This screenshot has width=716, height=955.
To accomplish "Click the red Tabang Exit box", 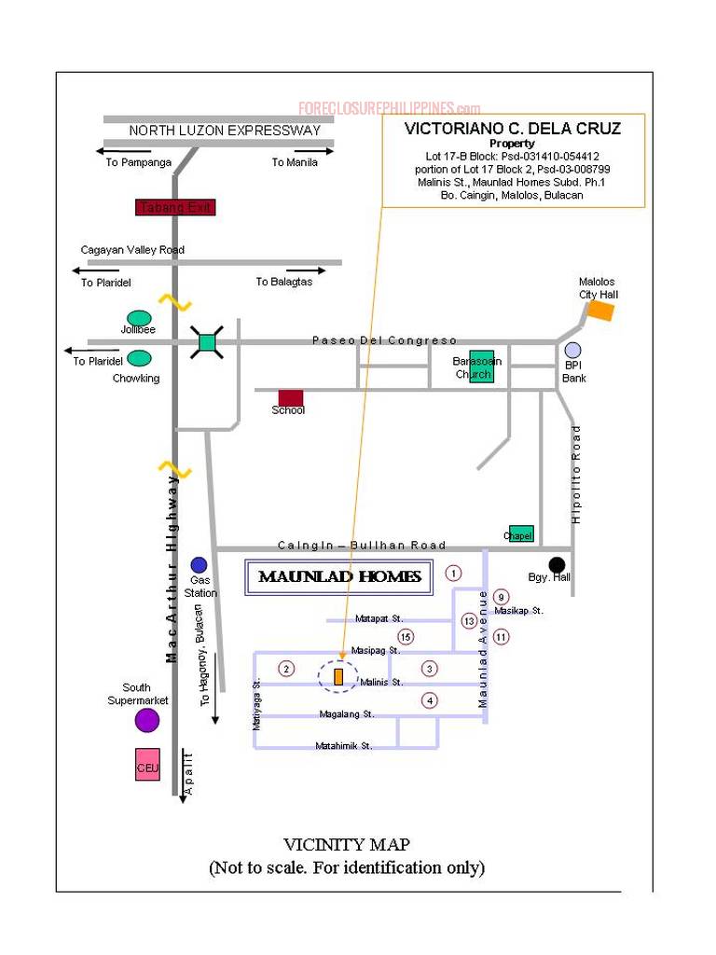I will click(176, 207).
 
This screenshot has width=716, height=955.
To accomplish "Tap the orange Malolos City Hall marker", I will click(601, 311).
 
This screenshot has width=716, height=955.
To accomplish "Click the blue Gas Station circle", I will click(199, 564).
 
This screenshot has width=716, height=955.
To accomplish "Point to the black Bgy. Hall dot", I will click(557, 563).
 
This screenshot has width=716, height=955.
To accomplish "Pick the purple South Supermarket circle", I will click(147, 720).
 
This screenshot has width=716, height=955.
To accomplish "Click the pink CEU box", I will click(147, 766).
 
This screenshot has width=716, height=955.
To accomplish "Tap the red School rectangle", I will click(291, 398).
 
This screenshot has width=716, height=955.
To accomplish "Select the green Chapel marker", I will click(521, 533).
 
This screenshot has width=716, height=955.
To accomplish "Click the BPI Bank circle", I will click(572, 350).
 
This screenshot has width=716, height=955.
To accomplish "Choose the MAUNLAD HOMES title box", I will click(339, 577).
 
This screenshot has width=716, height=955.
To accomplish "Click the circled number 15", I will click(406, 637).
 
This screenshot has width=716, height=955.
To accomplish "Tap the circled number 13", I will click(469, 620).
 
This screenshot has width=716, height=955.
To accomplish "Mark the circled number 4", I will click(429, 700).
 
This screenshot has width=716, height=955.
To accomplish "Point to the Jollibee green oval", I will click(139, 317).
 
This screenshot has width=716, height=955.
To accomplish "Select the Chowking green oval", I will click(139, 358).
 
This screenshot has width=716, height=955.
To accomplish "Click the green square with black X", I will click(207, 342).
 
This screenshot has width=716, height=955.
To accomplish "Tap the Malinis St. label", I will click(381, 683).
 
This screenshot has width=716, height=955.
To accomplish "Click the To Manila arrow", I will click(315, 150).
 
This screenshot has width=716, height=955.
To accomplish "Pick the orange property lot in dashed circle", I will click(339, 676).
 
